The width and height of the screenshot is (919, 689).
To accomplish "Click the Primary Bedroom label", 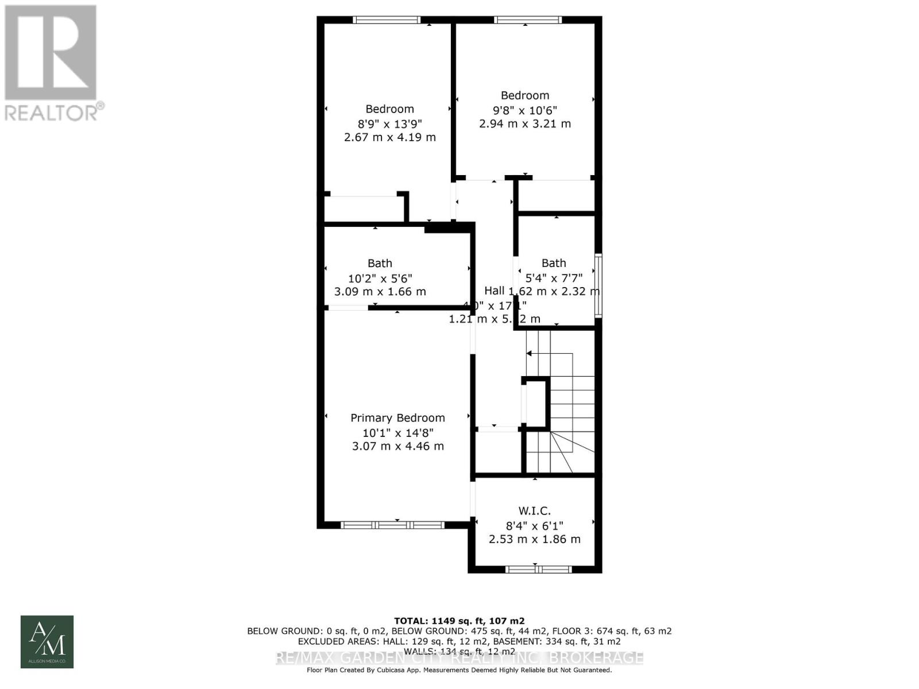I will click(397, 418).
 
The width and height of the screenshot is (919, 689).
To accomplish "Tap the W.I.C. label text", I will click(534, 510).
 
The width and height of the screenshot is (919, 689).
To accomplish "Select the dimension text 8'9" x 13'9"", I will click(390, 123).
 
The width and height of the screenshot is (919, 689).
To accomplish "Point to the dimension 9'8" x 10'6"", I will click(525, 110).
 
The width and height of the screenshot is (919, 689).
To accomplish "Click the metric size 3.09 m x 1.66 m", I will click(380, 292).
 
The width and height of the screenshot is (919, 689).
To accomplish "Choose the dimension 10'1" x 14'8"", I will click(397, 432).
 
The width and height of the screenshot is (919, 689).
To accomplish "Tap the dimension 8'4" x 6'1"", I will click(534, 525).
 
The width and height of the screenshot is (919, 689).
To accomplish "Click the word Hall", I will click(495, 290).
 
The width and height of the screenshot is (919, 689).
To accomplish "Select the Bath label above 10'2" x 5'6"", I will click(380, 263).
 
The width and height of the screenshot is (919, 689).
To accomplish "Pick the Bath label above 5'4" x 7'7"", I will click(554, 263).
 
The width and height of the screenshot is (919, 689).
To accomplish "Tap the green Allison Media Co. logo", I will click(47, 642).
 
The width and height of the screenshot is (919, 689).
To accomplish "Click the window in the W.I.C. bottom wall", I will click(538, 570).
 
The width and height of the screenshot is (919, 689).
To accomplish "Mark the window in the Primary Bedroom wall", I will click(392, 525).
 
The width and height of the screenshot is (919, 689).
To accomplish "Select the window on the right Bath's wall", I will click(598, 285).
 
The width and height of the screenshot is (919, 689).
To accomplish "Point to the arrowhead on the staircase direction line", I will click(529, 353).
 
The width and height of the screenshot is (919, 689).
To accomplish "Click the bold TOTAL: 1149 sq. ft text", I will click(459, 621).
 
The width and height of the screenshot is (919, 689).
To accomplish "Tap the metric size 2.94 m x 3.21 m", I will click(525, 123).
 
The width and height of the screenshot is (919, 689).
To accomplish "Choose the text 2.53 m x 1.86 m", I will click(534, 539).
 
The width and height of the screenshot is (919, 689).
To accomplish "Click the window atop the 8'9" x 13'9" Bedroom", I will click(386, 20).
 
